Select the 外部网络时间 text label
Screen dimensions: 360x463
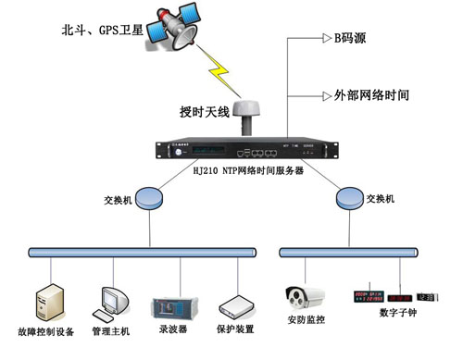tap(369, 94)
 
